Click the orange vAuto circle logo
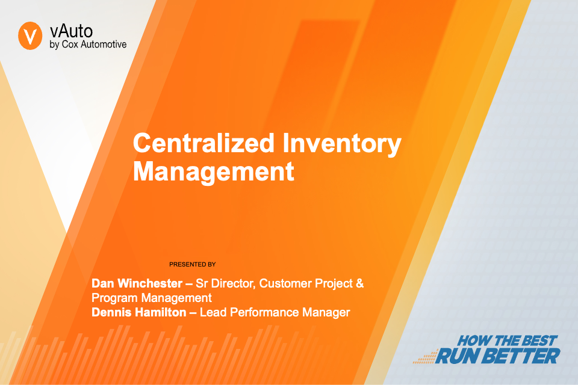(30, 35)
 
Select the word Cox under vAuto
(70, 44)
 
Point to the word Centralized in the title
(204, 143)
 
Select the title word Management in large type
(213, 171)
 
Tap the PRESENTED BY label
(193, 264)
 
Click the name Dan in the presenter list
(103, 283)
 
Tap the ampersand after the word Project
(359, 283)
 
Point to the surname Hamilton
(161, 312)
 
